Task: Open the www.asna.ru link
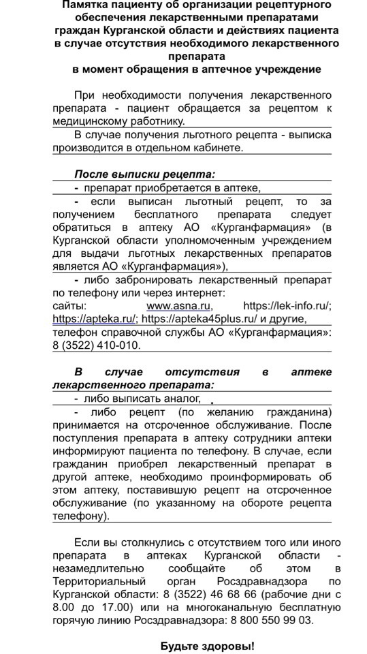point(179,306)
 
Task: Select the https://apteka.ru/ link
point(95,319)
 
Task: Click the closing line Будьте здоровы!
point(208,646)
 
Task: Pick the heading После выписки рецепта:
point(144,174)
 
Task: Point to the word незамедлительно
point(96,568)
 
